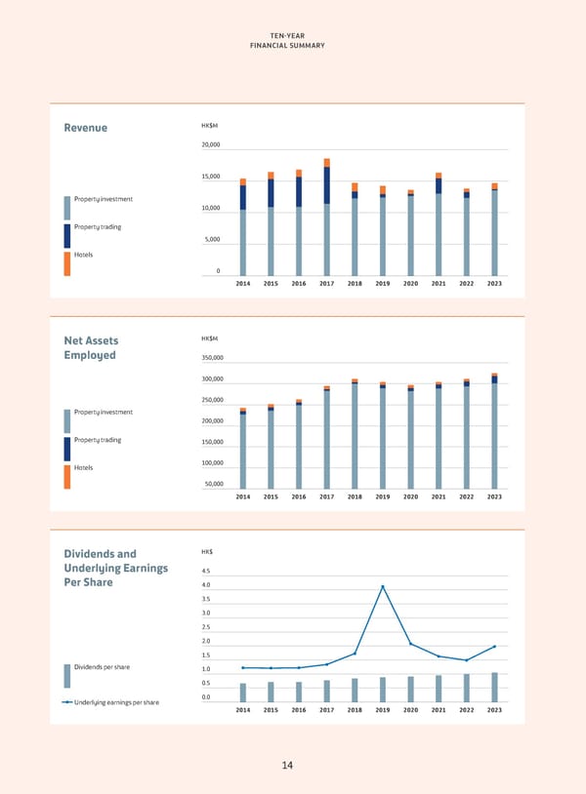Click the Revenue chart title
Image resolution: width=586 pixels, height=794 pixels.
[85, 128]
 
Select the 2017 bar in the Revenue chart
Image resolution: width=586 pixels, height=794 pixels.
[327, 219]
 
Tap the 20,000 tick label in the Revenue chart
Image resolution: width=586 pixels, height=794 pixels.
[210, 145]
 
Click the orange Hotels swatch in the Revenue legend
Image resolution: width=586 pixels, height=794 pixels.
[67, 263]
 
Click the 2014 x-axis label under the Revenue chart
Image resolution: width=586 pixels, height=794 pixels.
[243, 283]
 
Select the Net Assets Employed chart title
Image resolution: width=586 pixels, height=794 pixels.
[90, 347]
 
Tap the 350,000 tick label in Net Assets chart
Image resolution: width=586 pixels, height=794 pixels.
[212, 358]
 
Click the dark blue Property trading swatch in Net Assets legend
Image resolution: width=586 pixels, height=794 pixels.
[67, 449]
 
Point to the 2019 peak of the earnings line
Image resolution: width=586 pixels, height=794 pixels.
[383, 587]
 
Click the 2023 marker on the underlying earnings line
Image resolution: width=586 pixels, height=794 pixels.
[494, 647]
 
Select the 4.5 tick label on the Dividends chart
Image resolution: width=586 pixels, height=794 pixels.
[205, 572]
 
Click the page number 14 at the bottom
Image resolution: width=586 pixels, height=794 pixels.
[287, 766]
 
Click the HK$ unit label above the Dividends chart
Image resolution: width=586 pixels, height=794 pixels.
[207, 553]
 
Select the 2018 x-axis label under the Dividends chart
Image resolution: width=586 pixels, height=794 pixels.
[355, 710]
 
